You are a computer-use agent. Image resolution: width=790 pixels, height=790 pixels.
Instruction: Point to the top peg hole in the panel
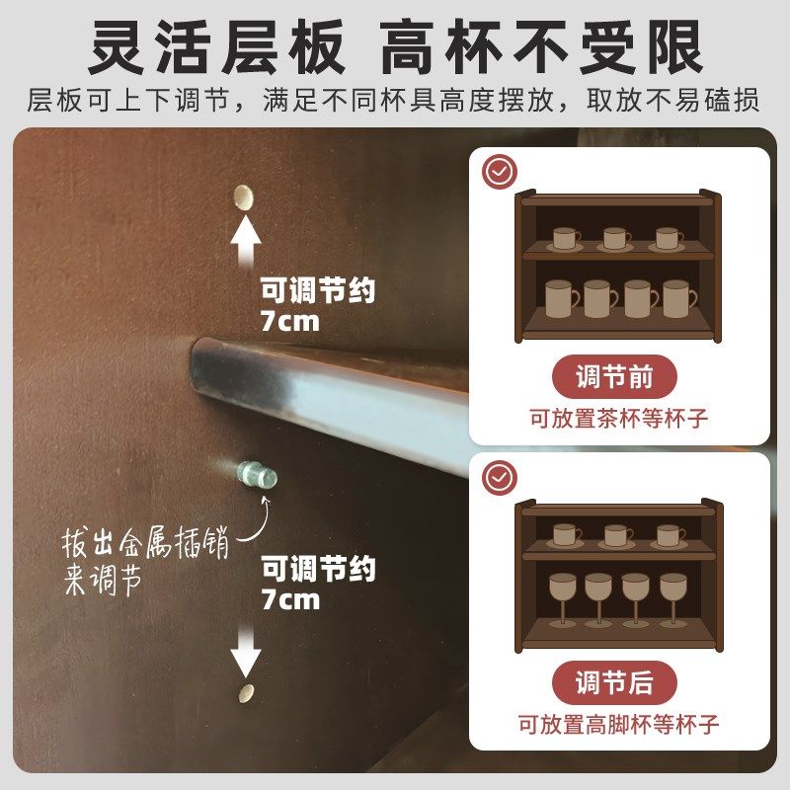243,196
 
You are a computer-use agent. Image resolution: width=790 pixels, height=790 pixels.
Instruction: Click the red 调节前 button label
614,377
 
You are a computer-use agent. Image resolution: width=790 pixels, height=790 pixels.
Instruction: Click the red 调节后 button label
614,683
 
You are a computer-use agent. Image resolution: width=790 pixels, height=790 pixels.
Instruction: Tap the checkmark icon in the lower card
499,478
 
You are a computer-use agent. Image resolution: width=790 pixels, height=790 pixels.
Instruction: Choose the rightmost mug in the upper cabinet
678,297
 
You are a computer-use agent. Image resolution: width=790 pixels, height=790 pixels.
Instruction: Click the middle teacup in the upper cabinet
616,239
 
